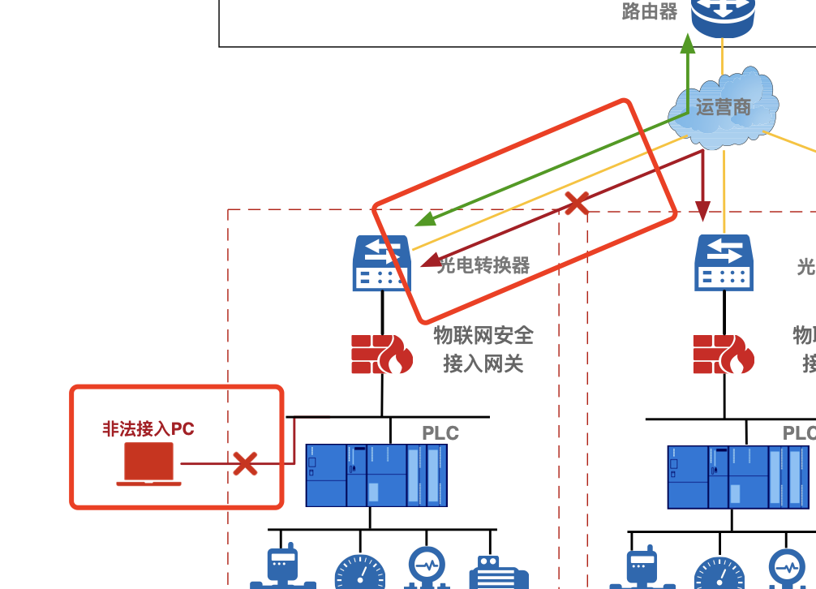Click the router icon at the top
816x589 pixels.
pos(723,16)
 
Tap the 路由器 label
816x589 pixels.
pos(649,11)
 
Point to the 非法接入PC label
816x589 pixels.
pos(148,428)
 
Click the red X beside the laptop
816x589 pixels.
pos(245,464)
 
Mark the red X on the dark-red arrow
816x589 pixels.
pos(577,203)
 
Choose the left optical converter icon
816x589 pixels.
pos(381,263)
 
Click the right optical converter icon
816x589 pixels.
pos(723,263)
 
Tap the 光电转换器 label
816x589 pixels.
pos(483,265)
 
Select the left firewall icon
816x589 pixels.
pos(381,354)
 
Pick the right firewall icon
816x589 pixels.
pos(723,354)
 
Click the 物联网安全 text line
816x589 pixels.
pos(483,335)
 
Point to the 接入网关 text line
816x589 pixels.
pos(483,364)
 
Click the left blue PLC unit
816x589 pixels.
pos(376,475)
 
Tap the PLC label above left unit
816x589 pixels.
pos(440,433)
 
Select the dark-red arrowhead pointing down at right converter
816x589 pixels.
pos(703,212)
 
